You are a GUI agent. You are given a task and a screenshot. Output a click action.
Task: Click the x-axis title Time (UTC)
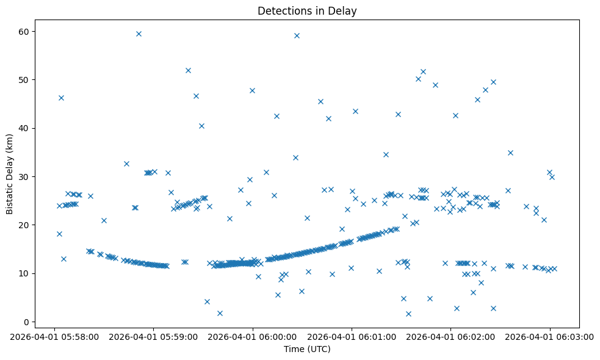[x=307, y=349]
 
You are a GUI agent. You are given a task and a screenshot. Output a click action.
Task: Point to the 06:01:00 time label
[x=352, y=336]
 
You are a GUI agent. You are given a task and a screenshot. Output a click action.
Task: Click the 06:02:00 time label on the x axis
[x=450, y=336]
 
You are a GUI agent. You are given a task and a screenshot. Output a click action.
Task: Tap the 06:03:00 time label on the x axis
[x=550, y=336]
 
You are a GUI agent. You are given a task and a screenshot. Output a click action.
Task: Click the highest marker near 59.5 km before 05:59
[x=139, y=34]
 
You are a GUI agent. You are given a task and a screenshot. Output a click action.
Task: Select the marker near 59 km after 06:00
[x=297, y=35]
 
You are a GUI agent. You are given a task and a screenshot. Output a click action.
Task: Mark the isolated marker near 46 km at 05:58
[x=61, y=98]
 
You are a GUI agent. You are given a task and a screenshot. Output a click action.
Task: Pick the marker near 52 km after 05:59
[x=188, y=70]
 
